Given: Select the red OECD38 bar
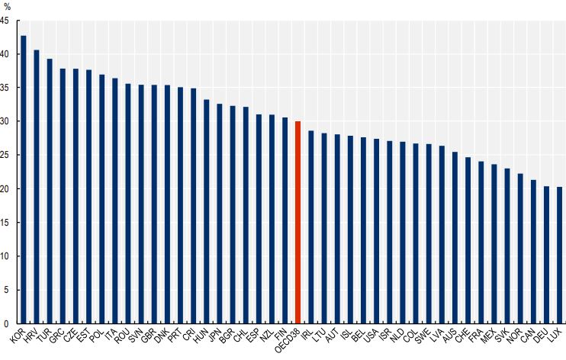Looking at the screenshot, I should [x=297, y=222].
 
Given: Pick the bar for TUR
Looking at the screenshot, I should [x=50, y=191].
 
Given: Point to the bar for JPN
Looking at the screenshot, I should [x=220, y=214].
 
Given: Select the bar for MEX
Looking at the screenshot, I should [x=494, y=243].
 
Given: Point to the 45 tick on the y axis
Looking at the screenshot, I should [x=5, y=21].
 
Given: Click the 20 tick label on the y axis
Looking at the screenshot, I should [x=5, y=188].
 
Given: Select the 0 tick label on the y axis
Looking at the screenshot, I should [x=7, y=323].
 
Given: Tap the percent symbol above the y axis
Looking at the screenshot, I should [x=8, y=6].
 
